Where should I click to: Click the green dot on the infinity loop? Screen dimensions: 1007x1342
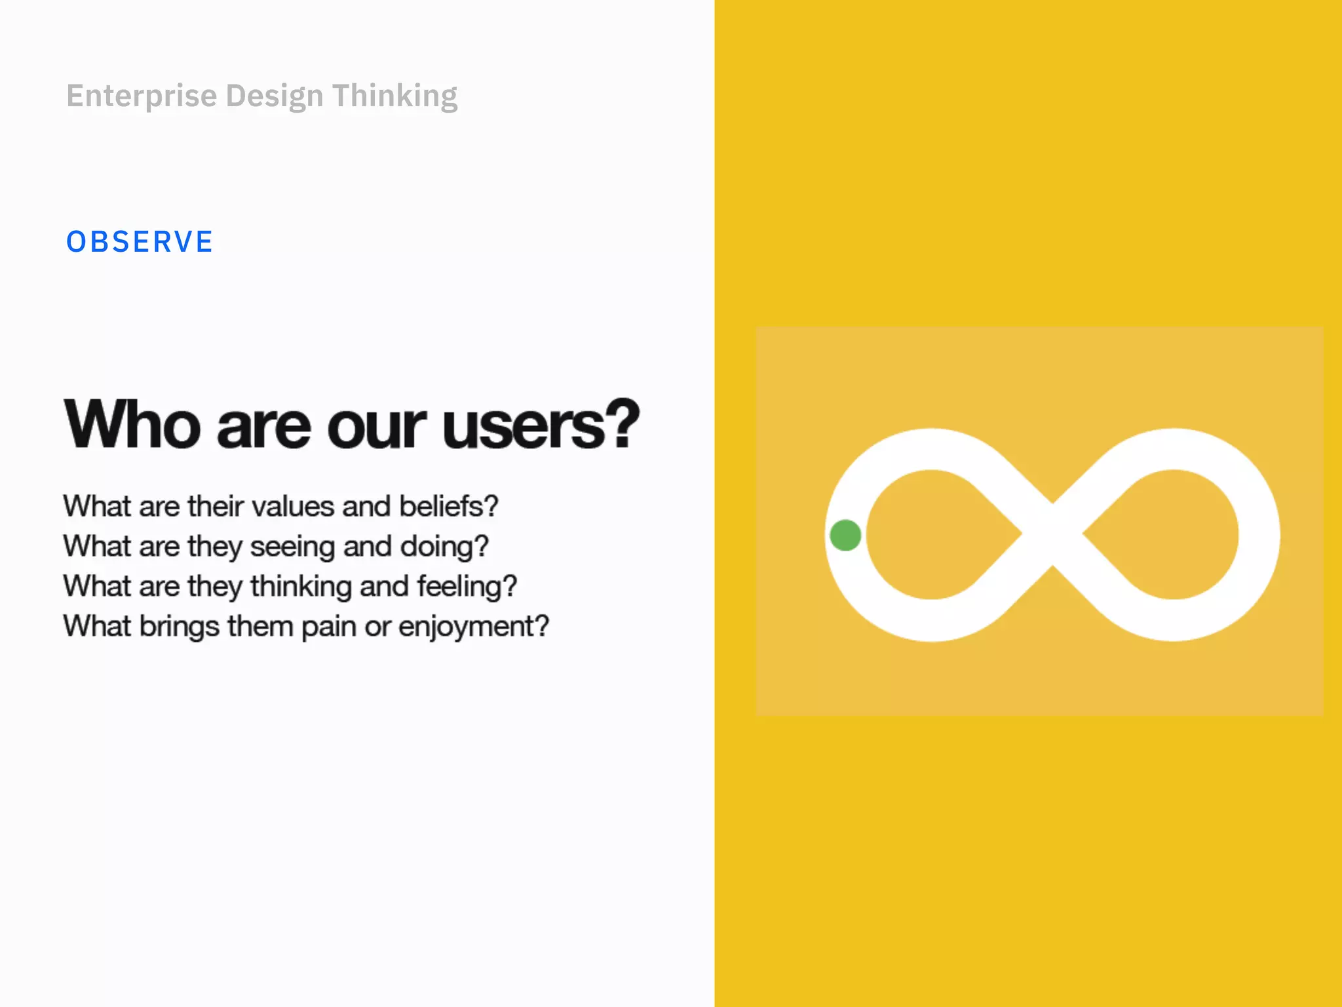coord(845,535)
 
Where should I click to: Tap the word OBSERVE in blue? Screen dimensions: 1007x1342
coord(140,242)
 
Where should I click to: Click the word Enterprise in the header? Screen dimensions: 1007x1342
coord(142,96)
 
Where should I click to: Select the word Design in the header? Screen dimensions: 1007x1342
coord(275,96)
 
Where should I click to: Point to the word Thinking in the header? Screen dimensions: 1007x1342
coord(394,96)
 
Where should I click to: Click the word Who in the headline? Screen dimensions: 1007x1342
coord(132,425)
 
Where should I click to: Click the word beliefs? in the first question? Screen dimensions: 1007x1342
coord(449,506)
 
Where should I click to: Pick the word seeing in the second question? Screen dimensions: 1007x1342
coord(293,547)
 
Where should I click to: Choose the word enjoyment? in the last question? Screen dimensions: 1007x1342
coord(473,627)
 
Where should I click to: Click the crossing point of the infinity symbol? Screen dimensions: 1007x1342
coord(1052,534)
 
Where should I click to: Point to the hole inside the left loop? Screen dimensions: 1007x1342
coord(934,534)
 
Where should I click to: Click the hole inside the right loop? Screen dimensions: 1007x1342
coord(1170,534)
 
